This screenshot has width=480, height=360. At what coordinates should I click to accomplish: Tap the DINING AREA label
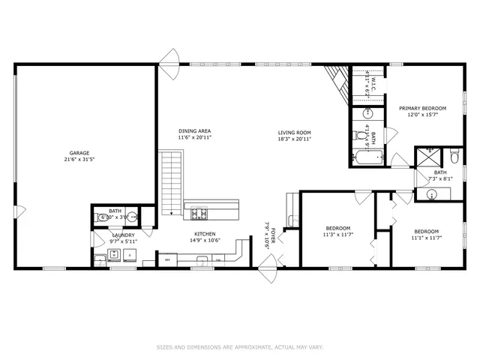pos(194,130)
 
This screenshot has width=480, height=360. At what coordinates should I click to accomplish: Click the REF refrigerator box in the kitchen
pos(169,259)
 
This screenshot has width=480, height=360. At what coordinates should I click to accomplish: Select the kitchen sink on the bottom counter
pos(201,260)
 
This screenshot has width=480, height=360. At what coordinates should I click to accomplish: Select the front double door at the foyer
pos(267,264)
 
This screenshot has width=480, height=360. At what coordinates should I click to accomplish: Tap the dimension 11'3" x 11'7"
pos(339,235)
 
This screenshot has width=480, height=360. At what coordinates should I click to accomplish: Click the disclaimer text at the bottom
pos(239,347)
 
